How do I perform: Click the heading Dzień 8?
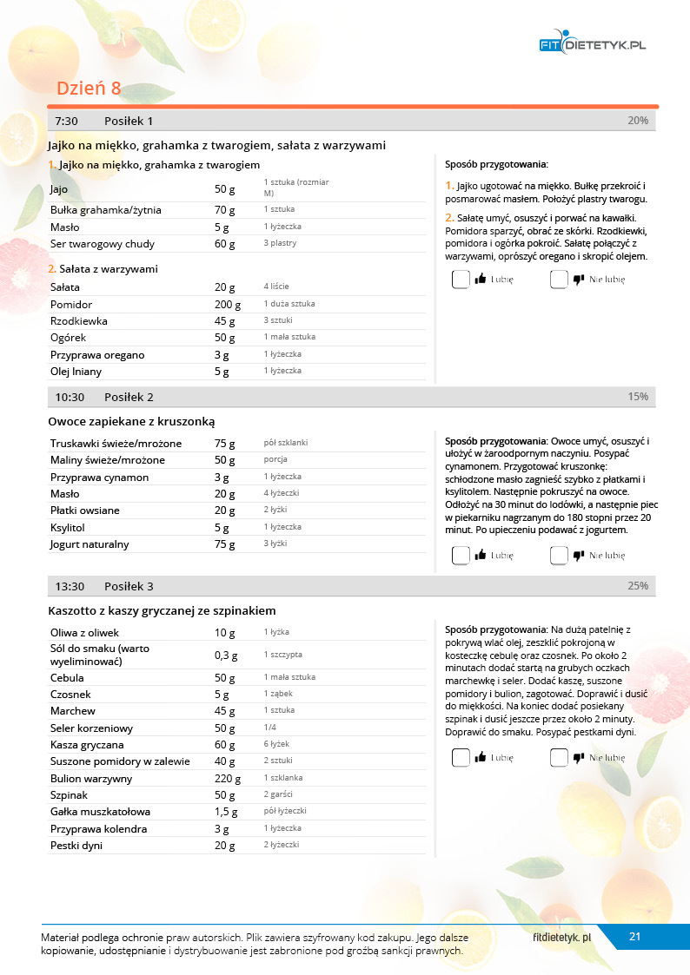click(89, 89)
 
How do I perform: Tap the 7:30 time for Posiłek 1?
click(66, 121)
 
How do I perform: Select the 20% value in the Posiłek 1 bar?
click(637, 121)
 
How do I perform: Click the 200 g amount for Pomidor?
click(227, 305)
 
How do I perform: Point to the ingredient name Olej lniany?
click(76, 372)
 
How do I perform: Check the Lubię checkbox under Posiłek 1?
click(461, 280)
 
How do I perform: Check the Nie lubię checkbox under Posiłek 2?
click(559, 556)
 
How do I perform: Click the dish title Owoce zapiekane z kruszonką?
click(131, 421)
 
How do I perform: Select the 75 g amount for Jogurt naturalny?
click(224, 544)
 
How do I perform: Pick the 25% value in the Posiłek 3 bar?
click(637, 586)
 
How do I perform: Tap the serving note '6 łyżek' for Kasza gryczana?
click(276, 744)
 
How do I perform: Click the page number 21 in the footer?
click(634, 937)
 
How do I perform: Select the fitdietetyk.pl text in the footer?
click(561, 938)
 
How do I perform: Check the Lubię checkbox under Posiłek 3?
click(461, 758)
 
